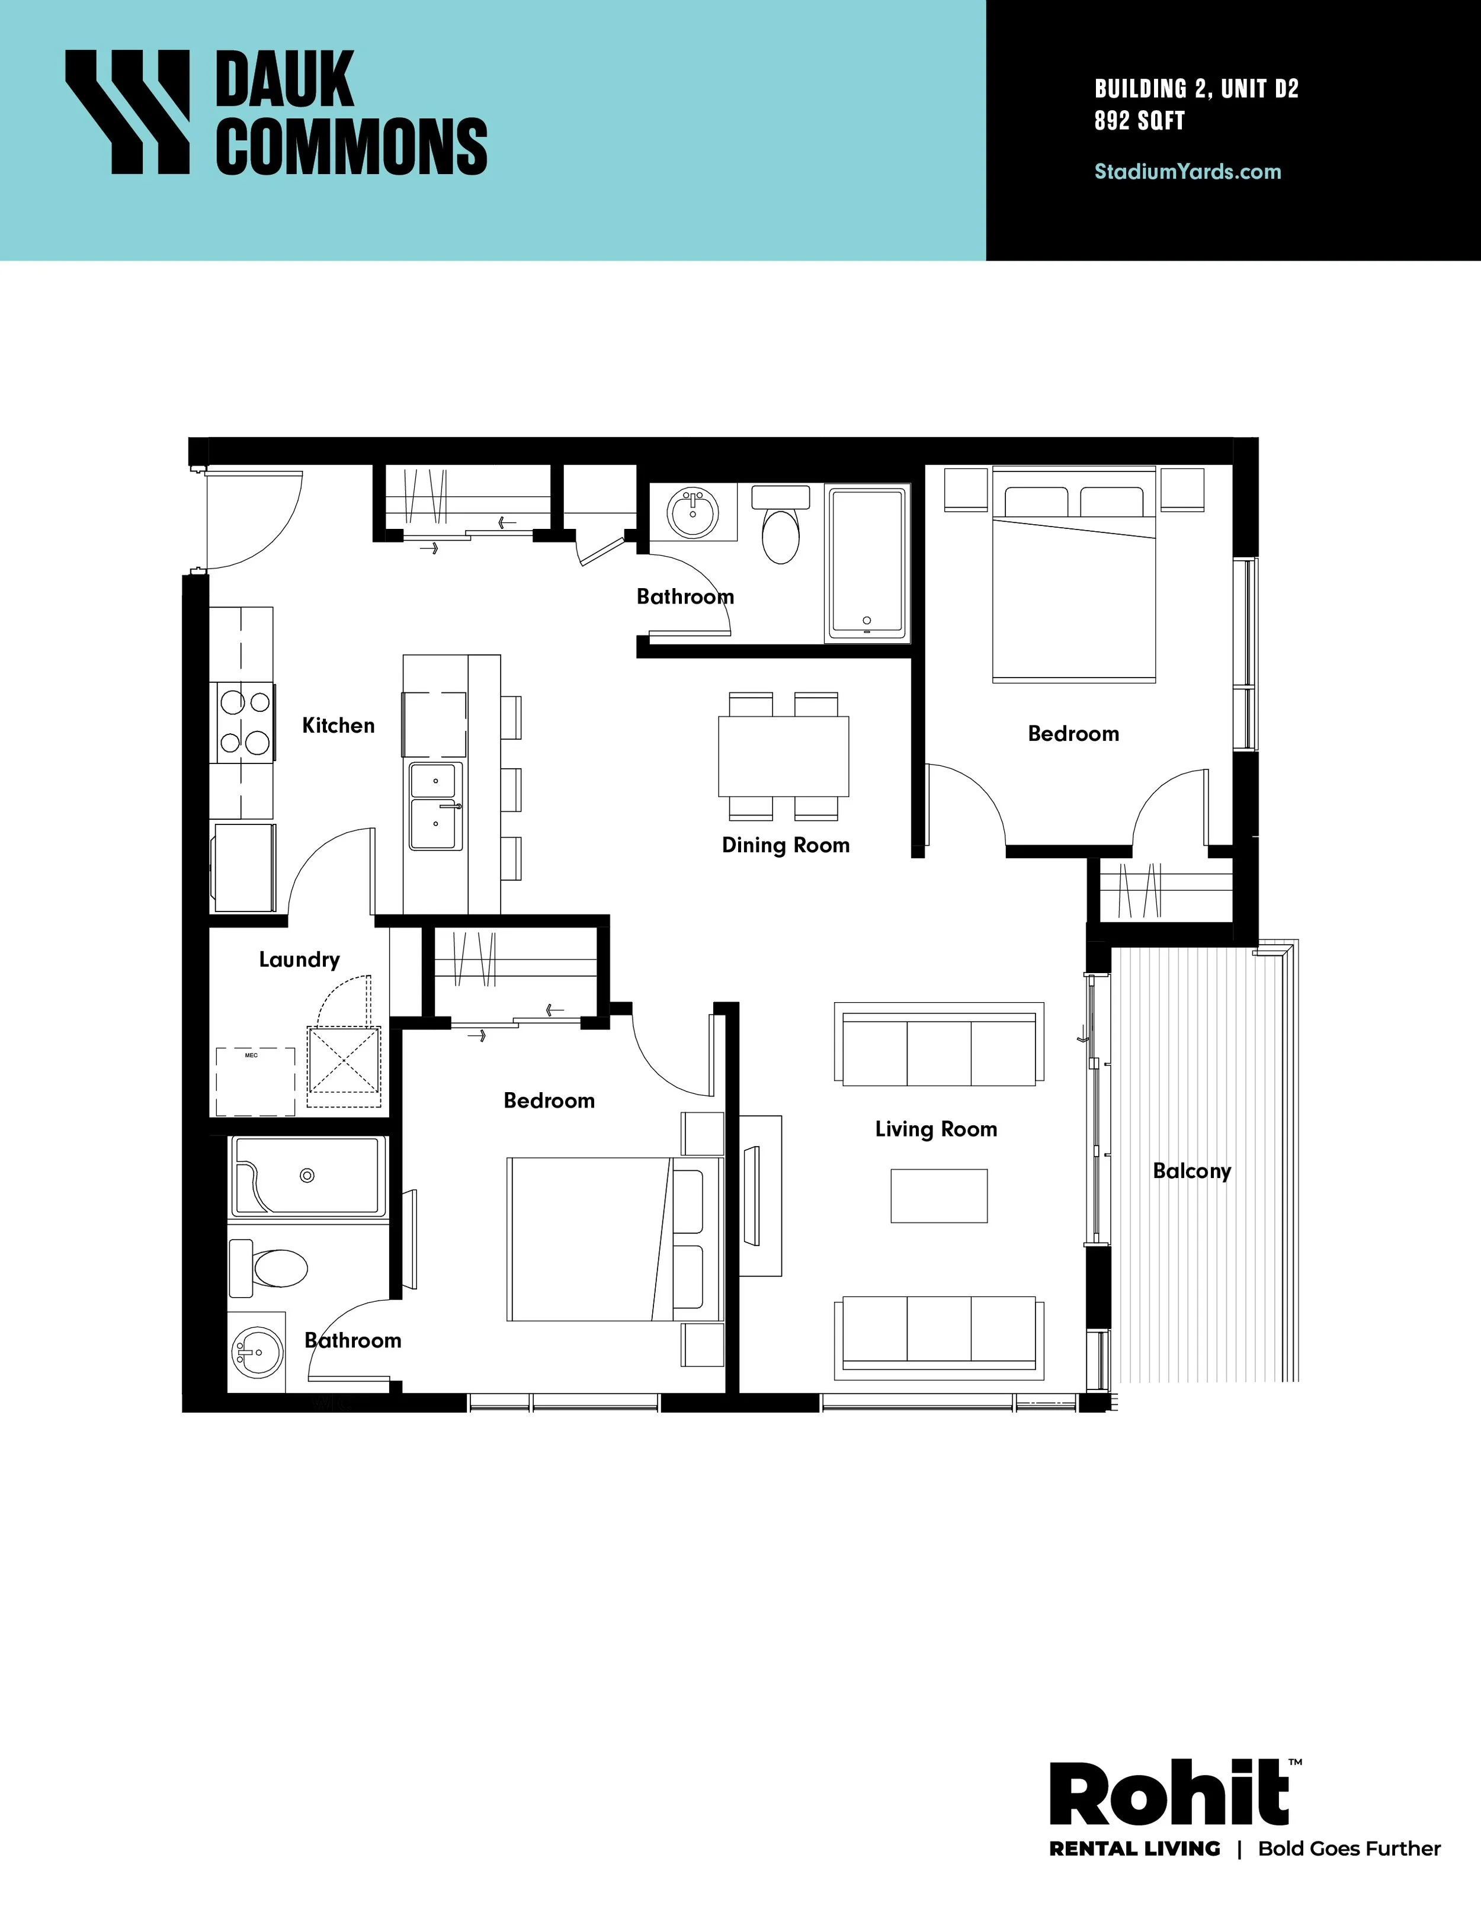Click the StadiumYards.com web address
[1187, 171]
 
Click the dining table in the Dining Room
[784, 756]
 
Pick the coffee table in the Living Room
[939, 1196]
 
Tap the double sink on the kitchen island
[435, 806]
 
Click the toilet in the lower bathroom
[268, 1267]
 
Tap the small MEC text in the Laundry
[251, 1055]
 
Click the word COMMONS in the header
[351, 146]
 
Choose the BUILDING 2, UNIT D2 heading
[1196, 89]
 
